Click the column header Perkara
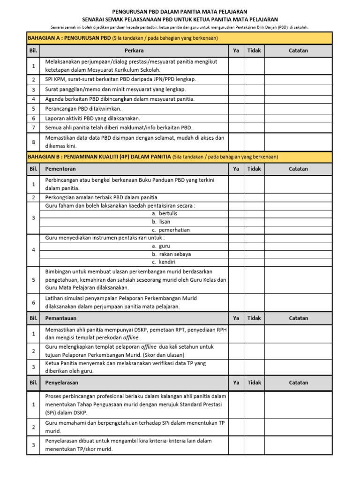(x=134, y=51)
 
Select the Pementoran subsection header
(x=60, y=169)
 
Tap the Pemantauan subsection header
(x=60, y=318)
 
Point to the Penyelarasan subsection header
(x=61, y=382)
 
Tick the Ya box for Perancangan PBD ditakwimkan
(x=236, y=109)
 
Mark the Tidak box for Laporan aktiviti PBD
(x=254, y=119)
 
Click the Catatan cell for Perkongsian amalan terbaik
(x=298, y=197)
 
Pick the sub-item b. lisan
(x=161, y=222)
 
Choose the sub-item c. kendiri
(x=161, y=262)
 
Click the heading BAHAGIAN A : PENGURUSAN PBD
(x=69, y=38)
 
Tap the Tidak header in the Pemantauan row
(x=254, y=318)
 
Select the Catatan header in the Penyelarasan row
(x=298, y=382)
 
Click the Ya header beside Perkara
(x=236, y=51)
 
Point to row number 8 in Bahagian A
(x=34, y=142)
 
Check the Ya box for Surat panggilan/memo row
(x=236, y=89)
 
